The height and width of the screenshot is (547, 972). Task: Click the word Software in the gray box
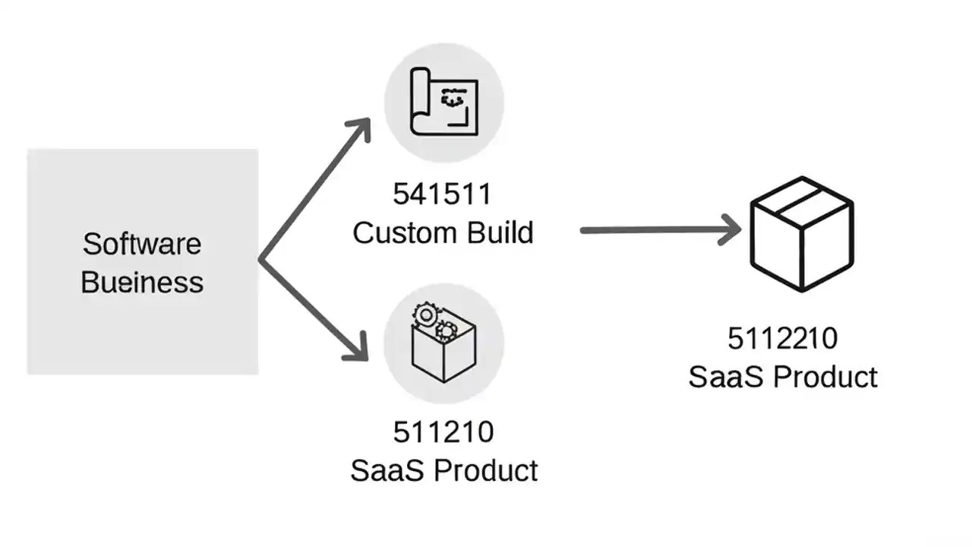142,245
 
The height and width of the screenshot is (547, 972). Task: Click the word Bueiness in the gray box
142,283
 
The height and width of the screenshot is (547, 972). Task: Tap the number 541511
442,195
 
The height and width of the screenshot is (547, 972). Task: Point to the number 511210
443,432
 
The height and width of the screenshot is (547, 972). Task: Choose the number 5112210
782,339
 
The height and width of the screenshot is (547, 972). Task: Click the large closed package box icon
802,233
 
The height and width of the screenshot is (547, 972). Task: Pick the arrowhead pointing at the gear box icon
357,349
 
